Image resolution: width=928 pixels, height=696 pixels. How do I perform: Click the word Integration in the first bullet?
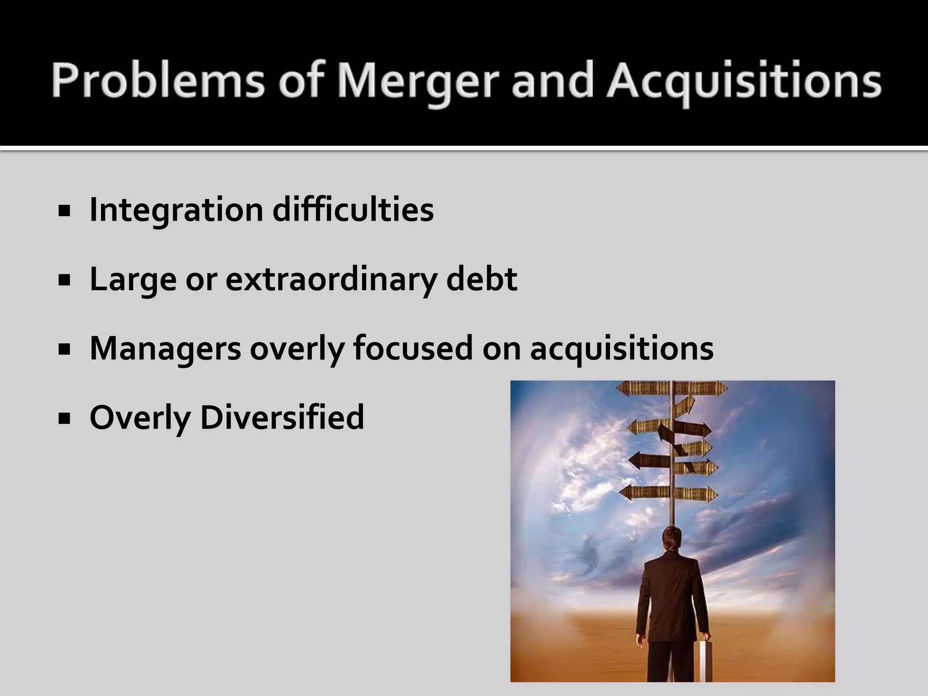176,210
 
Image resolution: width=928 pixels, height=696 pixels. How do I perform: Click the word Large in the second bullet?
133,280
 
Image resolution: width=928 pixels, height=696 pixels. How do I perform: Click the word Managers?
165,348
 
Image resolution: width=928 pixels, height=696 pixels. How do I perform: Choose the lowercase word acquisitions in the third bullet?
622,348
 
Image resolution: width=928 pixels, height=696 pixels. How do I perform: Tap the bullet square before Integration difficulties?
64,211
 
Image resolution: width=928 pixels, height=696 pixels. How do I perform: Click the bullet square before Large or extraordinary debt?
64,280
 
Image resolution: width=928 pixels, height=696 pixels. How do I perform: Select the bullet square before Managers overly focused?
64,349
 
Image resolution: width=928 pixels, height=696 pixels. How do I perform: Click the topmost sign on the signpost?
672,388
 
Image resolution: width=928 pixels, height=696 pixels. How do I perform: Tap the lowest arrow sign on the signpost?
668,493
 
